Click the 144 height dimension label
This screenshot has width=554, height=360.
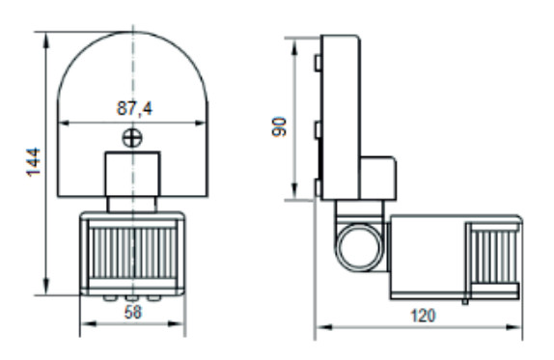pyautogui.click(x=34, y=162)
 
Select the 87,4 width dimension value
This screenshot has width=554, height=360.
pyautogui.click(x=134, y=108)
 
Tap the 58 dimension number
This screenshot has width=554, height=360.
pyautogui.click(x=133, y=313)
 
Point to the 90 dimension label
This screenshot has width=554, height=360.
pyautogui.click(x=279, y=126)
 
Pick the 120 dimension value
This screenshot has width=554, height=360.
pyautogui.click(x=423, y=316)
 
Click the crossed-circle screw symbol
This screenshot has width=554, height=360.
pyautogui.click(x=132, y=138)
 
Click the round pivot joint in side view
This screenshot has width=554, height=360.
pyautogui.click(x=359, y=247)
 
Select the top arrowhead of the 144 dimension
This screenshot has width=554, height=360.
pyautogui.click(x=46, y=41)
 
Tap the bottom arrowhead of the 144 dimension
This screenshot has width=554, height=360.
pyautogui.click(x=46, y=286)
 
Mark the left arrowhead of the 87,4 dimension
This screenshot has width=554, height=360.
pyautogui.click(x=67, y=123)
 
